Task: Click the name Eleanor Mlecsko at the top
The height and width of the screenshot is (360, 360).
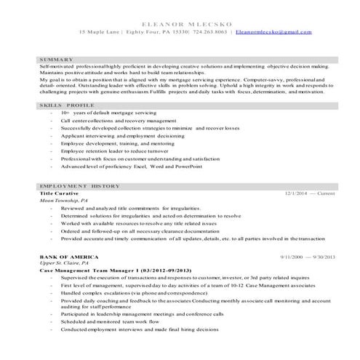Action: pos(180,23)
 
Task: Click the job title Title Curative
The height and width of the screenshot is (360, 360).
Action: pos(61,194)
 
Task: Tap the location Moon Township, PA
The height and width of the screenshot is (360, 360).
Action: pos(64,201)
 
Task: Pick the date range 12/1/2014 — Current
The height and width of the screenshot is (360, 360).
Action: pos(310,194)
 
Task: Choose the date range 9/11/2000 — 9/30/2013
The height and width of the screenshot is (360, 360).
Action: pos(307,257)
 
